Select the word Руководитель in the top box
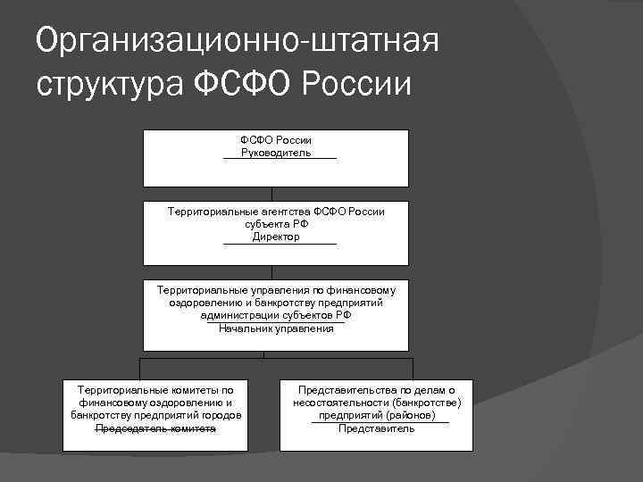coord(276,153)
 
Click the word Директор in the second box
coord(276,237)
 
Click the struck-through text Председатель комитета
coord(156,428)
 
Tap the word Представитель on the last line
coord(376,428)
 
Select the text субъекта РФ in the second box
coord(276,225)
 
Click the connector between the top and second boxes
coord(272,194)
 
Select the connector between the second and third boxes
coord(272,272)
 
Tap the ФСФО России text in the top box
coord(276,140)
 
